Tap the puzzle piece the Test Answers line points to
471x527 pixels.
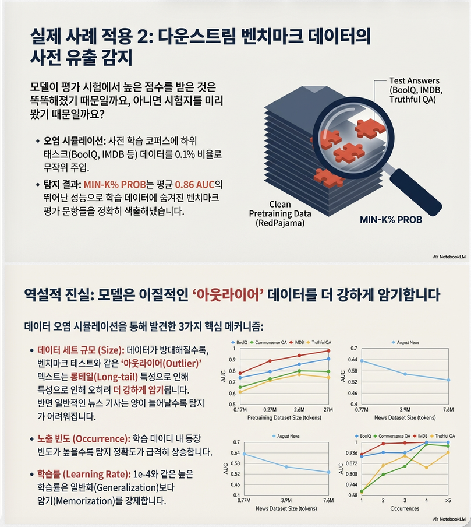click(367, 128)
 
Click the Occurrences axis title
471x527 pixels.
click(405, 508)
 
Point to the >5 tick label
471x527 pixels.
click(447, 500)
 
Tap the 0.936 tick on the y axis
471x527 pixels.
click(350, 453)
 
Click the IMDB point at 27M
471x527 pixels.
click(329, 351)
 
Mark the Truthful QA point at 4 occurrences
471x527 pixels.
click(427, 467)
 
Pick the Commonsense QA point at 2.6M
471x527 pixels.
click(299, 371)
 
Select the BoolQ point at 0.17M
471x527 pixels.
click(239, 378)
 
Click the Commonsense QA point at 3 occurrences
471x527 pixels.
click(405, 466)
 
